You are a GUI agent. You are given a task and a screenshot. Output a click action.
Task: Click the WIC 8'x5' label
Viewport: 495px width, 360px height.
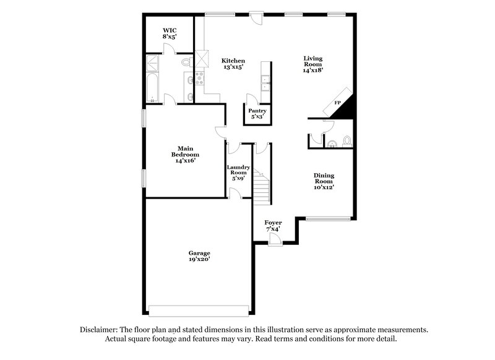[170, 33]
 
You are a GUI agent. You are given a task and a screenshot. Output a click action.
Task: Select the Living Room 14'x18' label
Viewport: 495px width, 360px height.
[312, 64]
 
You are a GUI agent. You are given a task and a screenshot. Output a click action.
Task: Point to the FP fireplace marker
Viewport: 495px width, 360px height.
[338, 103]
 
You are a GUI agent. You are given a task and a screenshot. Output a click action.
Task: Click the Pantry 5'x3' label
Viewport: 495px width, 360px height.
[257, 114]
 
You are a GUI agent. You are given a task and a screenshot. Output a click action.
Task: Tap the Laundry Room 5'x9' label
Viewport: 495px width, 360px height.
[238, 173]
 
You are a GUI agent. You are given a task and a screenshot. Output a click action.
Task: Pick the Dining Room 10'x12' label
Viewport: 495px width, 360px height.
[324, 181]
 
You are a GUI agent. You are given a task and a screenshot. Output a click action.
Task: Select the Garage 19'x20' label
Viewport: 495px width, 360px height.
[199, 257]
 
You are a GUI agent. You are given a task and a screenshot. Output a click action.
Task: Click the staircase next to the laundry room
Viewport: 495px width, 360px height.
[262, 182]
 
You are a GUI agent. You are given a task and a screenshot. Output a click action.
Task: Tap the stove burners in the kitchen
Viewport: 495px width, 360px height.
[200, 77]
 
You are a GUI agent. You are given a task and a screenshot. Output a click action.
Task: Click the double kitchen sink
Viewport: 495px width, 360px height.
[265, 84]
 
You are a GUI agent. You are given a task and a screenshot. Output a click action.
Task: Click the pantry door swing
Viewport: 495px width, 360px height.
[252, 99]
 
